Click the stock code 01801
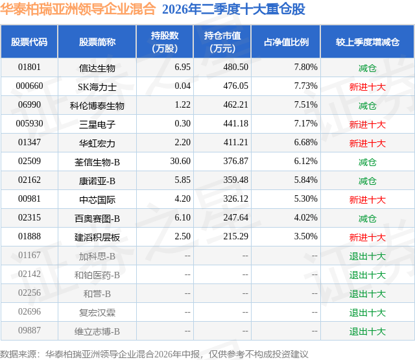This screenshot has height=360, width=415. point(29,67)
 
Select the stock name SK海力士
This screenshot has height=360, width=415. point(97,87)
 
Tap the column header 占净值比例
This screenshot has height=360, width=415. point(286,42)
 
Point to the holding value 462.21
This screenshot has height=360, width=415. point(235,105)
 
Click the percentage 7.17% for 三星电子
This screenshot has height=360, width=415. point(305,124)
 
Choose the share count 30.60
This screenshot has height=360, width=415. point(180,162)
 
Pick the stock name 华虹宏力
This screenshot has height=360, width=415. point(97,143)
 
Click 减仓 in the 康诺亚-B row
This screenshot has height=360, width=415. point(368,181)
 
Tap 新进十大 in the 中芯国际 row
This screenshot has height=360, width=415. point(368,200)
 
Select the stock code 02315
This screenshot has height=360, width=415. point(29,217)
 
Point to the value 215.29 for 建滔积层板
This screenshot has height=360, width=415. point(235,236)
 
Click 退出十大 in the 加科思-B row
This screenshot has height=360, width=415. point(368,256)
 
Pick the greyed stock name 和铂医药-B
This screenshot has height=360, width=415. point(97,275)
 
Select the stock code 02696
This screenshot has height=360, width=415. point(29,311)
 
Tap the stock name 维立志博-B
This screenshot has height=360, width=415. point(97,331)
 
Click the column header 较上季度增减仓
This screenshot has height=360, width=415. point(368,42)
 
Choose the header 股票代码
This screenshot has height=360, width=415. point(29,42)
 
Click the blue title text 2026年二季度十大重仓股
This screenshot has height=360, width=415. point(233,9)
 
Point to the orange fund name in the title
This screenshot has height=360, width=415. point(78,9)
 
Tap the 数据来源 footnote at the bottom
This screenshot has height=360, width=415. point(154,354)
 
